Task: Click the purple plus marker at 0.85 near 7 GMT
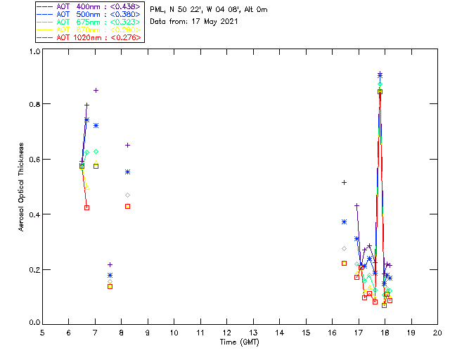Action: (96, 90)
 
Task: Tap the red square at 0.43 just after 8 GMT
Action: (127, 206)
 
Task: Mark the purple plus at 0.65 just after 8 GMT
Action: (127, 145)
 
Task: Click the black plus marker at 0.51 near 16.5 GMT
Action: (344, 182)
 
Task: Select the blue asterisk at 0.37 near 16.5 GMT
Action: (344, 221)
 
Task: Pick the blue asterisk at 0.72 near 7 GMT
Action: (96, 125)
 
